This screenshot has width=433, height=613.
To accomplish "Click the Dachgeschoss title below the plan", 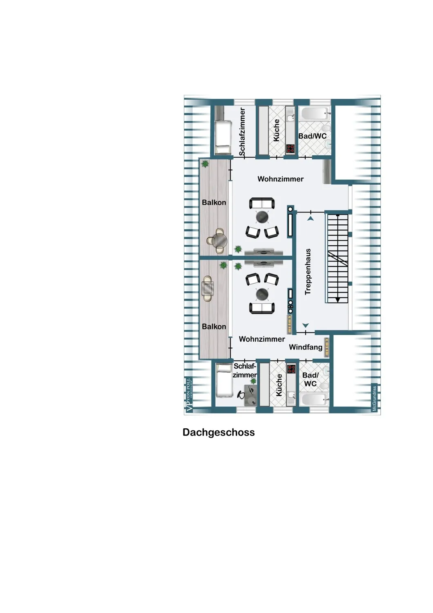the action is click(219, 433).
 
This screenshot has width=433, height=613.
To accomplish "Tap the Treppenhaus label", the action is click(308, 271).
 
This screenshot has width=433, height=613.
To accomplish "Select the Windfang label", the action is click(306, 347).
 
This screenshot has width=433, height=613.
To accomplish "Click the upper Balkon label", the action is click(214, 203).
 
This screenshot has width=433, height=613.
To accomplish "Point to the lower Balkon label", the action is click(214, 327).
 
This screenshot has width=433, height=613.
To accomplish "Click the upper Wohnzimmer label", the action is click(281, 179).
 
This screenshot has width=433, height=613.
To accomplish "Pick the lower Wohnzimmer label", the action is click(262, 339).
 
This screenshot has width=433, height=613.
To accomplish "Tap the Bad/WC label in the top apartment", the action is click(312, 136).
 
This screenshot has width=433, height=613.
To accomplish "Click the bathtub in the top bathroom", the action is click(314, 114).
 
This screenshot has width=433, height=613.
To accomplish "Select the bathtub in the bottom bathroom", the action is click(314, 400).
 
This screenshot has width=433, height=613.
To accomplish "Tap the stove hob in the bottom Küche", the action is click(291, 369).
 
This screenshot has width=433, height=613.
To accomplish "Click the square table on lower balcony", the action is click(208, 289).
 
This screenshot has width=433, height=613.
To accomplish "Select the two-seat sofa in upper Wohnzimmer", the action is click(262, 203).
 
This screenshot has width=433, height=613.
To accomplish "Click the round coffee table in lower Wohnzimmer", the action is click(262, 294).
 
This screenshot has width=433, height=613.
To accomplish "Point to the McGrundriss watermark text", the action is click(374, 398).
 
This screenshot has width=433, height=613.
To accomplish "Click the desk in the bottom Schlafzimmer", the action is click(250, 395).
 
